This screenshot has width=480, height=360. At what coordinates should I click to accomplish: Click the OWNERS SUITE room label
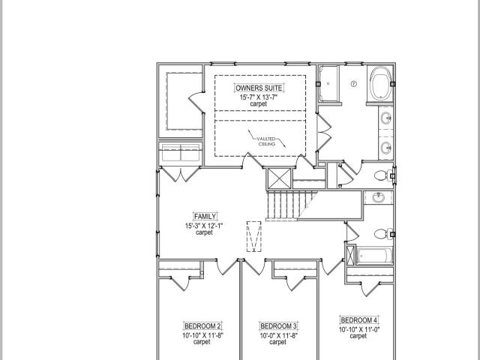pyautogui.click(x=259, y=88)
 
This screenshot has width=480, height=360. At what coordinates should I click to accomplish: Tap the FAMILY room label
pyautogui.click(x=205, y=217)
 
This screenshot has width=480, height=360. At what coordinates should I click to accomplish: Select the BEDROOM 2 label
pyautogui.click(x=202, y=325)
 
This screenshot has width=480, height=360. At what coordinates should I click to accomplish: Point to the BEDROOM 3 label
pyautogui.click(x=278, y=325)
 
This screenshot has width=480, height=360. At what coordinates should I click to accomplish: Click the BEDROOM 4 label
pyautogui.click(x=359, y=320)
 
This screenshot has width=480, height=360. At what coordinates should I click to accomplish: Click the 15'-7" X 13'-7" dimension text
pyautogui.click(x=259, y=97)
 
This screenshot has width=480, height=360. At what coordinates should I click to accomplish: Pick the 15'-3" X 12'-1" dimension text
pyautogui.click(x=204, y=226)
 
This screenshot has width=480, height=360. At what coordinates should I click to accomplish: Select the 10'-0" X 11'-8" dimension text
pyautogui.click(x=278, y=335)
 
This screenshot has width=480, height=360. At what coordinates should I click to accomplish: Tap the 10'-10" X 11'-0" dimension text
pyautogui.click(x=359, y=330)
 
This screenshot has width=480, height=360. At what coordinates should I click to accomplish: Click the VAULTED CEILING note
pyautogui.click(x=267, y=142)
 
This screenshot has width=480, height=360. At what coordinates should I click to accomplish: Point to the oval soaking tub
pyautogui.click(x=380, y=83)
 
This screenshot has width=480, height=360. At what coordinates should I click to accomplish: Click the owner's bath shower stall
pyautogui.click(x=328, y=83)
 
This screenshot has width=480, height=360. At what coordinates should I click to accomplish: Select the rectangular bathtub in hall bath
pyautogui.click(x=374, y=256)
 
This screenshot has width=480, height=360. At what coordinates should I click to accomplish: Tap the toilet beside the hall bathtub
pyautogui.click(x=382, y=234)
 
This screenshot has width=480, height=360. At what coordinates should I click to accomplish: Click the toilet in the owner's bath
pyautogui.click(x=382, y=175)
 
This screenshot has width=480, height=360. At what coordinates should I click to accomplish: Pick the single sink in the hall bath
pyautogui.click(x=379, y=197)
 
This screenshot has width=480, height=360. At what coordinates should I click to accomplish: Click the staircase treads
pyautogui.click(x=292, y=205)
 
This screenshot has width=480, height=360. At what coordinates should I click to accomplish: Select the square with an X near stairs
pyautogui.click(x=279, y=178)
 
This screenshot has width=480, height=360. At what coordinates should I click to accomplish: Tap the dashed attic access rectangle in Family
pyautogui.click(x=254, y=237)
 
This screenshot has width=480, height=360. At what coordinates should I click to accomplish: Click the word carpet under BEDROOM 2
pyautogui.click(x=202, y=342)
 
